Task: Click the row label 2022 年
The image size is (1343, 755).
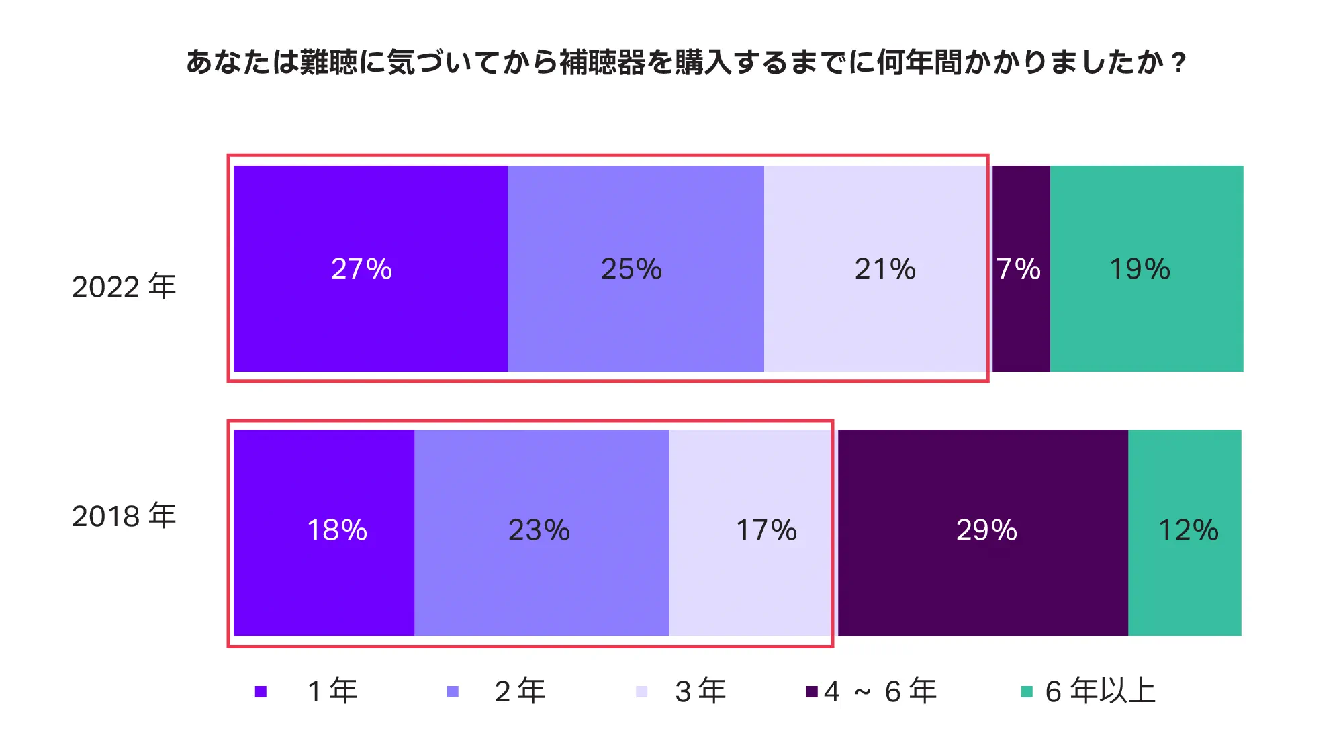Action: [124, 287]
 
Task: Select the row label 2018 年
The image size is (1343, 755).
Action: [124, 516]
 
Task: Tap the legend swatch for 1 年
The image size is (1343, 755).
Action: [261, 691]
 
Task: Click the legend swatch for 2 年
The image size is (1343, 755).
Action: [453, 691]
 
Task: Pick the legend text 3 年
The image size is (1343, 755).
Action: [700, 691]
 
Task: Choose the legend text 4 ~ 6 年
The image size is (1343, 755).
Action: [880, 691]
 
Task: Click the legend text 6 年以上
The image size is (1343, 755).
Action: [1100, 691]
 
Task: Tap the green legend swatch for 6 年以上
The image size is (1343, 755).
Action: [1027, 691]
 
